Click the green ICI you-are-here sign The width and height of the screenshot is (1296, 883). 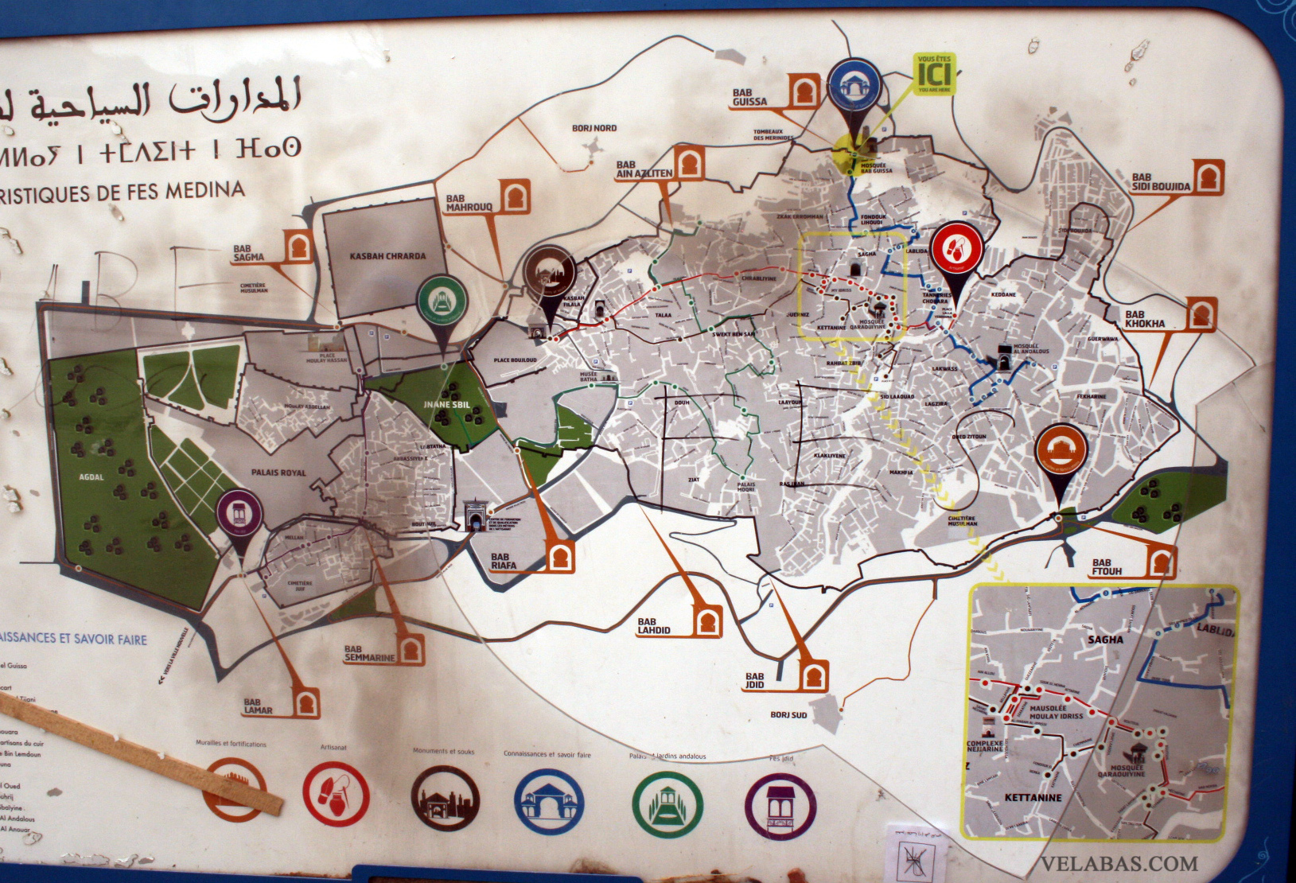click(935, 72)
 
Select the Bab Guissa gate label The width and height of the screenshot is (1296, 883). click(749, 97)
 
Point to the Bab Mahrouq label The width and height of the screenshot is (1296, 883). click(469, 203)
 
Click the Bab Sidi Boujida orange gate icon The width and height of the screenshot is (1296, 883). click(1208, 177)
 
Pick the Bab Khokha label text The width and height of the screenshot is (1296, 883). click(1145, 320)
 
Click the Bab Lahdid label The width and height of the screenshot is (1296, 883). click(654, 625)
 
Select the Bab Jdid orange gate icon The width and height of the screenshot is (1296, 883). click(811, 676)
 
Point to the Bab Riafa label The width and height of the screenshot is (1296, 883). click(503, 562)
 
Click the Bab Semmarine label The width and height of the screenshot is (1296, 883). click(369, 654)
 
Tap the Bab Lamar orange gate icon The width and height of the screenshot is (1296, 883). click(306, 703)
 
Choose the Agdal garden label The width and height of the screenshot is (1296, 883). click(91, 477)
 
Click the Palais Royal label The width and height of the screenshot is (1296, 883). click(278, 473)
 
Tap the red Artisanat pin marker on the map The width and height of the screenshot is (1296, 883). click(956, 249)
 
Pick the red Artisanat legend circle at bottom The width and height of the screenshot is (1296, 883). click(336, 792)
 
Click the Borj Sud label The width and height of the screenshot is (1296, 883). click(788, 715)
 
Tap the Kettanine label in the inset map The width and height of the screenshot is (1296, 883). click(1033, 797)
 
